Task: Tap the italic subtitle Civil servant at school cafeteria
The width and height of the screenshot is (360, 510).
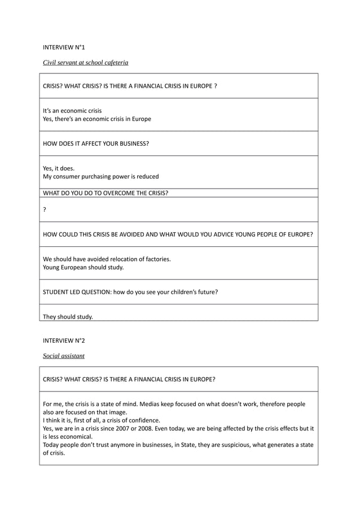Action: pyautogui.click(x=86, y=62)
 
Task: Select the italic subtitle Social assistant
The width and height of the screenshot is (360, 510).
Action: pyautogui.click(x=64, y=356)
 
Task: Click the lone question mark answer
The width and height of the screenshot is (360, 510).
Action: pyautogui.click(x=45, y=209)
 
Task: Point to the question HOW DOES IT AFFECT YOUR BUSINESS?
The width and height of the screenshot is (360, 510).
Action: pyautogui.click(x=96, y=143)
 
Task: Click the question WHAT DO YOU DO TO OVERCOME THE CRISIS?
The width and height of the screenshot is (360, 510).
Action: pyautogui.click(x=106, y=193)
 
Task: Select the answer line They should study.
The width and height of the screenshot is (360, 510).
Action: pyautogui.click(x=68, y=316)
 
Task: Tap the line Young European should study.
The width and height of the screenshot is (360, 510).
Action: pyautogui.click(x=83, y=267)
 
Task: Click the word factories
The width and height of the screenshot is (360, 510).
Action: pyautogui.click(x=157, y=259)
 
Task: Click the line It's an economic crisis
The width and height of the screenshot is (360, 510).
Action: pyautogui.click(x=72, y=111)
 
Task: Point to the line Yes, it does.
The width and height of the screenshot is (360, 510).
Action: pyautogui.click(x=59, y=168)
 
